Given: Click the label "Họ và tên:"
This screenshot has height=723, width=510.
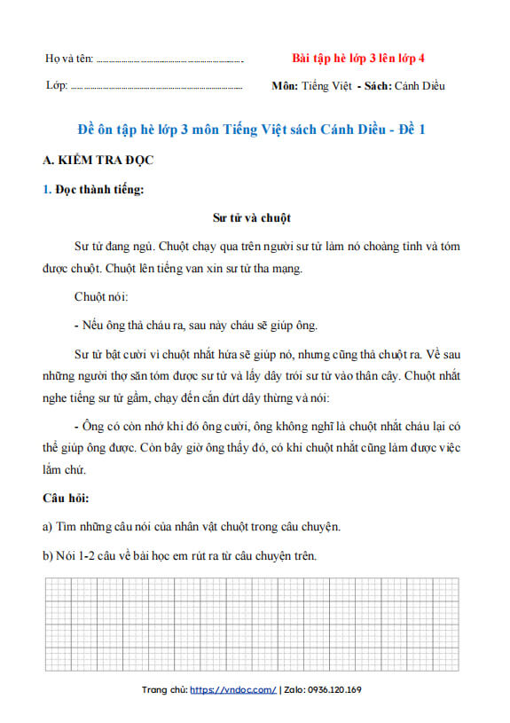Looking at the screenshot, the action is [69, 59].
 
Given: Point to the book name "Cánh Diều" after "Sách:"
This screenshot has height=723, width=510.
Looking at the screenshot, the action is [420, 86].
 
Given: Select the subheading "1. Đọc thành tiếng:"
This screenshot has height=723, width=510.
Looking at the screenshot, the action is [93, 188].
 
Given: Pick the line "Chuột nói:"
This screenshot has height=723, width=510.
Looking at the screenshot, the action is [101, 295].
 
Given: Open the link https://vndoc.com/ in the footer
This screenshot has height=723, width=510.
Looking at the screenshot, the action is [233, 689].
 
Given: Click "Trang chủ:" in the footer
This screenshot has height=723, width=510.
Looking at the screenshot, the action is [164, 689].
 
